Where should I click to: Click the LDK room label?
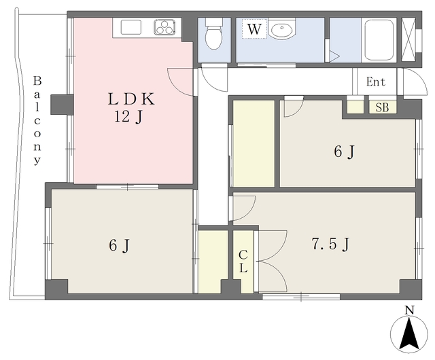tap(131, 99)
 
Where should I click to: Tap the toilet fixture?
tap(214, 33)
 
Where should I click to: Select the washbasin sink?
tap(282, 29)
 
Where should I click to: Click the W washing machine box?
tap(254, 29)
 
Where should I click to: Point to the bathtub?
tap(379, 40)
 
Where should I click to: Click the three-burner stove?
tap(164, 27)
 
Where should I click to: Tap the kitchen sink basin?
tap(131, 27)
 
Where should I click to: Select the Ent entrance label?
tap(376, 82)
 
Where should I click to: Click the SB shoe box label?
tap(382, 107)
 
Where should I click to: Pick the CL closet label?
tap(243, 262)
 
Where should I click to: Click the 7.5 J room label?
tap(330, 244)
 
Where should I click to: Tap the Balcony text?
tap(37, 120)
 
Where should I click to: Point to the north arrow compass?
tap(409, 334)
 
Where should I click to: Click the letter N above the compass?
tap(409, 310)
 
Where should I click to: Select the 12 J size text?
tap(128, 117)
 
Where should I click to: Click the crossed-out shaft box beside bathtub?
tap(408, 39)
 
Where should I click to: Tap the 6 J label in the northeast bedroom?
tap(345, 151)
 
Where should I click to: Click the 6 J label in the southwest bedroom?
tap(120, 245)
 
